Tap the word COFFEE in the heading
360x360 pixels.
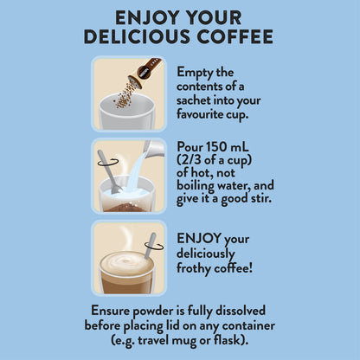click(x=235, y=36)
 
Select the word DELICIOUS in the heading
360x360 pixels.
click(x=137, y=36)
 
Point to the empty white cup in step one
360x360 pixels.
click(x=126, y=112)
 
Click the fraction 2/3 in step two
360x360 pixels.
click(x=192, y=160)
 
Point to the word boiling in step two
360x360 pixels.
click(x=196, y=186)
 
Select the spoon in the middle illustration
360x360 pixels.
click(x=110, y=171)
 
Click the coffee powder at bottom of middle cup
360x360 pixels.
click(x=126, y=207)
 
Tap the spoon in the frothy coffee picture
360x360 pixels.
click(x=151, y=246)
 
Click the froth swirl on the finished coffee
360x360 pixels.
click(x=126, y=261)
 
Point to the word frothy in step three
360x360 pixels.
click(x=193, y=268)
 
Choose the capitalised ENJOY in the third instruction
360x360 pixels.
click(x=199, y=239)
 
